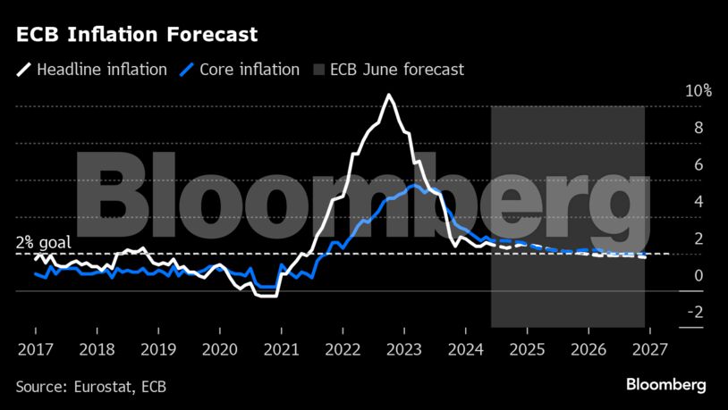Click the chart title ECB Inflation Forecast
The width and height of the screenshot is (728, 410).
[x=137, y=36]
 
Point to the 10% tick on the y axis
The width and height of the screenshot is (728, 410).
[x=673, y=91]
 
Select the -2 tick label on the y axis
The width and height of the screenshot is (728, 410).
[x=669, y=313]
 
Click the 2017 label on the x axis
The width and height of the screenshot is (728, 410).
[x=36, y=348]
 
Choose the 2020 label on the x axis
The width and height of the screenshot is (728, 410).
[x=220, y=348]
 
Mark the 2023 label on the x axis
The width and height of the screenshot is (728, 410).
[x=404, y=348]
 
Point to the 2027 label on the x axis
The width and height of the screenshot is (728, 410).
[x=650, y=348]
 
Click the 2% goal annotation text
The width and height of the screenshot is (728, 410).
[x=43, y=242]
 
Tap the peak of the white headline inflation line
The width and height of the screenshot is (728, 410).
[x=388, y=95]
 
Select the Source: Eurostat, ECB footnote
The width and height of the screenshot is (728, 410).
[x=90, y=387]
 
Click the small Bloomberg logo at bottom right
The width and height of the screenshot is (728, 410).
[x=665, y=385]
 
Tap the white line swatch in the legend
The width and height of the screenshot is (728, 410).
[x=24, y=70]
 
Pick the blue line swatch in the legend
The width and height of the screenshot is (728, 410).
[x=186, y=70]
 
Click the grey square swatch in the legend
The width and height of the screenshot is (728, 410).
[x=317, y=70]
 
